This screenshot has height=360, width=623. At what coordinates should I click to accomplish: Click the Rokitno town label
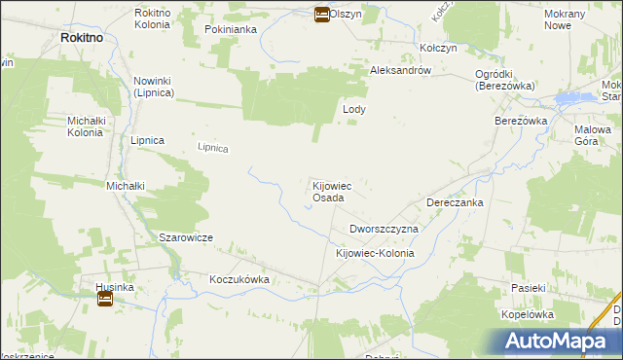tap(82, 36)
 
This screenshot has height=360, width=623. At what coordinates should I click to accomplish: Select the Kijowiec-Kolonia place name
tap(375, 253)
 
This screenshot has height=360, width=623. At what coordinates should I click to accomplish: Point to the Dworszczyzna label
tap(384, 229)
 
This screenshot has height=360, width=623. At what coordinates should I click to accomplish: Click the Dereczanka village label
tap(455, 203)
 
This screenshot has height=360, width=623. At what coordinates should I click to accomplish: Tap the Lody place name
tap(354, 110)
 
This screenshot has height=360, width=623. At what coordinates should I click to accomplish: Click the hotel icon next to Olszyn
tap(320, 14)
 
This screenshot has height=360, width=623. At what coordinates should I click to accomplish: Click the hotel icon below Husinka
tap(104, 299)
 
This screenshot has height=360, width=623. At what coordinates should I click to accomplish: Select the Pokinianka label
tap(230, 29)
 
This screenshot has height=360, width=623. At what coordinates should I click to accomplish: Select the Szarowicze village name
tap(186, 237)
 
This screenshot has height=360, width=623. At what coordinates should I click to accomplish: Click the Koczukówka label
tap(238, 279)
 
